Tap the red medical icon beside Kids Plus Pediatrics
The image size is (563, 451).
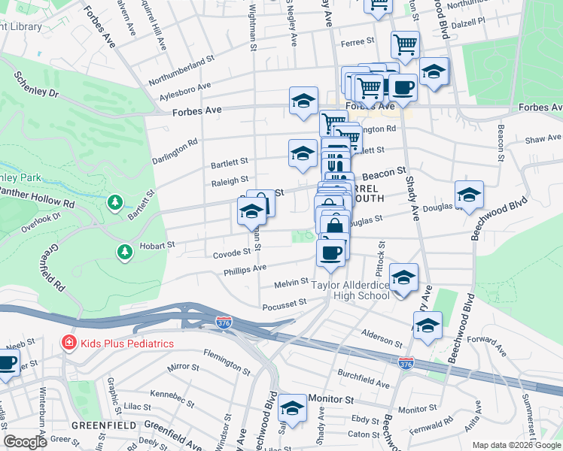(68, 344)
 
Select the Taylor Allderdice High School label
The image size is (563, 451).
(351, 290)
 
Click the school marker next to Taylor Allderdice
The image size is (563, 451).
(404, 277)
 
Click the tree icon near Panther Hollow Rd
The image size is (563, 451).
(114, 203)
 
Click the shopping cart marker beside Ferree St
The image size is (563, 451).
(405, 44)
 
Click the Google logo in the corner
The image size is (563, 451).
(25, 442)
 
